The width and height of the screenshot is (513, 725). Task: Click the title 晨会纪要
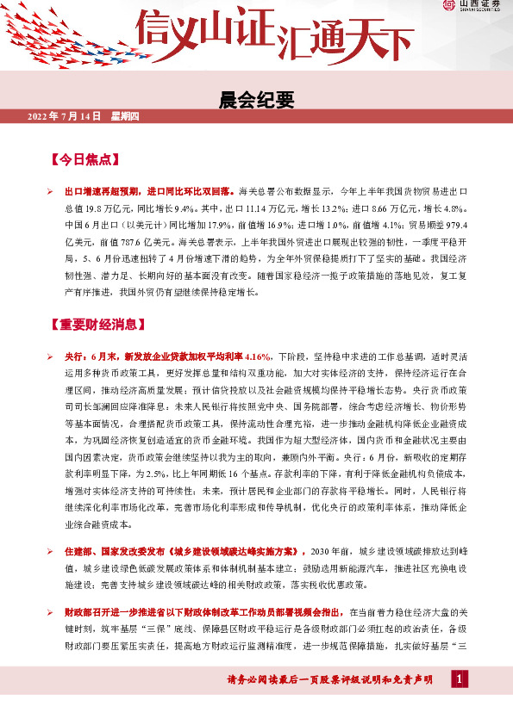click(256, 100)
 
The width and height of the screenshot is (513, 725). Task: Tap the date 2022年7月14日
click(65, 116)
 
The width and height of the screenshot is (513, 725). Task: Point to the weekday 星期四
click(125, 116)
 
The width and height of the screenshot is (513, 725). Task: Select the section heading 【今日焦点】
click(84, 160)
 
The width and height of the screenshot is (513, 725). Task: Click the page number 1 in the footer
click(460, 680)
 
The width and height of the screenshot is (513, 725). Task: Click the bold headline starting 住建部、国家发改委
click(185, 550)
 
